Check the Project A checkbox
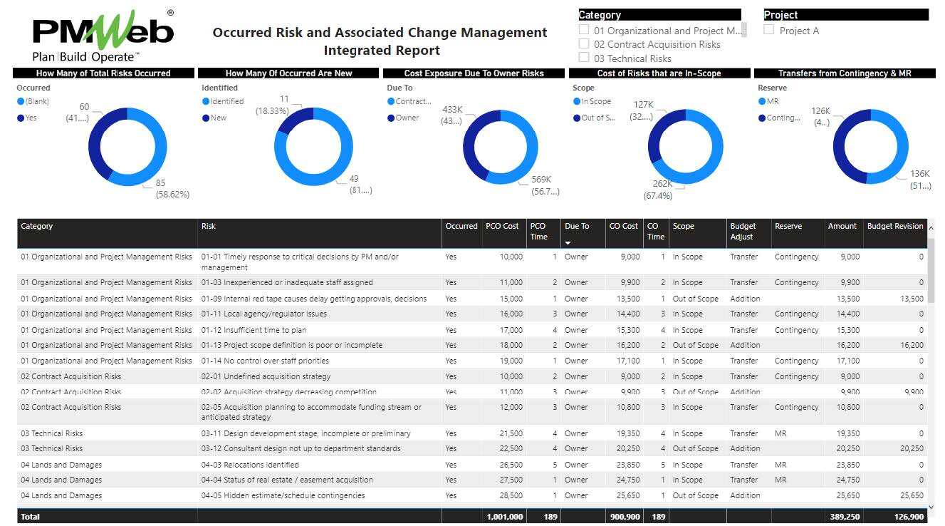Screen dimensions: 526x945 pyautogui.click(x=769, y=30)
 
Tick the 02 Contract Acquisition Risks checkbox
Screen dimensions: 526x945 pyautogui.click(x=584, y=44)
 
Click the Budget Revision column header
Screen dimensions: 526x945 pyautogui.click(x=894, y=226)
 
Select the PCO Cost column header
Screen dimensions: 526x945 pyautogui.click(x=502, y=226)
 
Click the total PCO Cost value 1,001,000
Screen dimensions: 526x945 pyautogui.click(x=504, y=517)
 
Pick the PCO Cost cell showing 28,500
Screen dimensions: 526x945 pyautogui.click(x=510, y=495)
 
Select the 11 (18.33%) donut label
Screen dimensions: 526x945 pyautogui.click(x=273, y=105)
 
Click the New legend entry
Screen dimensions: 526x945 pyautogui.click(x=218, y=118)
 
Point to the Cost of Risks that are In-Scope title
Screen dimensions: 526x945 pyautogui.click(x=659, y=73)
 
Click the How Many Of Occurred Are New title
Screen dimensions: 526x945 pyautogui.click(x=288, y=73)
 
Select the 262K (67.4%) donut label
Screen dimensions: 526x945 pyautogui.click(x=658, y=190)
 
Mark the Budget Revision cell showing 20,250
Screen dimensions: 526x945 pyautogui.click(x=911, y=448)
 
